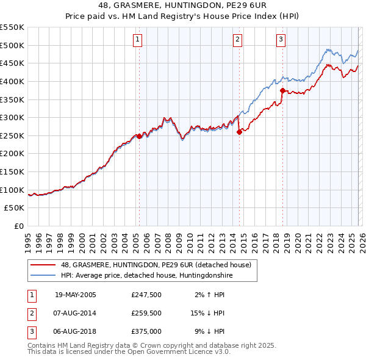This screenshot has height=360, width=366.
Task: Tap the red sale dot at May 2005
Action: pos(139,137)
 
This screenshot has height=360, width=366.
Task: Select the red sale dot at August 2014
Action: pos(239,132)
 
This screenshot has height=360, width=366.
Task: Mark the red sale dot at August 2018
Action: pos(282,90)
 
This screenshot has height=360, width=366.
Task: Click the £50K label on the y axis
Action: pos(15,208)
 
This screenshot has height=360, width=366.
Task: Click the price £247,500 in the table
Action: pos(146,295)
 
